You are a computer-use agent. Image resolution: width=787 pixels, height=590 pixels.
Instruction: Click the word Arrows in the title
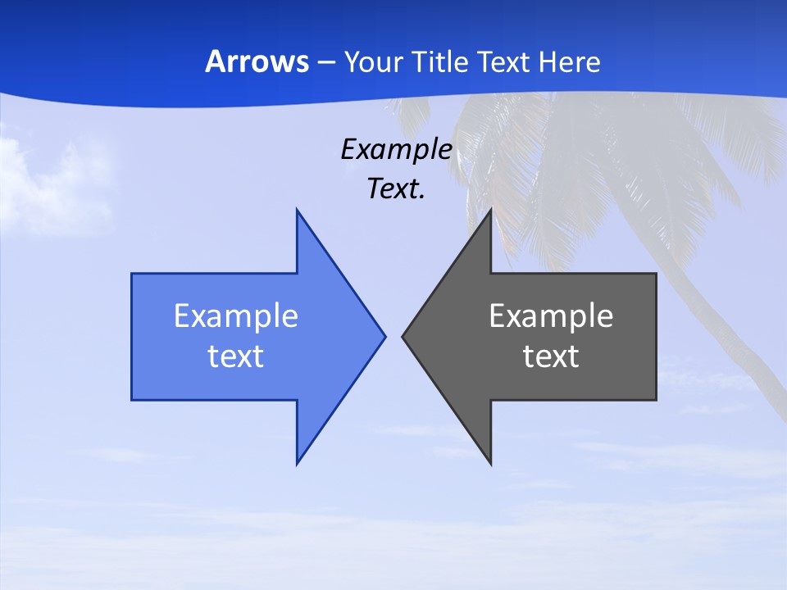[x=257, y=61]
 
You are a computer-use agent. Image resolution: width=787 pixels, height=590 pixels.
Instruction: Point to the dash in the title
[x=325, y=62]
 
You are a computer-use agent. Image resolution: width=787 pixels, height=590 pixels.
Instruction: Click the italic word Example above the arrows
[x=396, y=149]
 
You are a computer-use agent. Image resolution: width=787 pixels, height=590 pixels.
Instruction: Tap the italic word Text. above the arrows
[x=396, y=189]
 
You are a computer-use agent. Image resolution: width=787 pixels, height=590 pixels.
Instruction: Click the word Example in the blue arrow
[x=236, y=315]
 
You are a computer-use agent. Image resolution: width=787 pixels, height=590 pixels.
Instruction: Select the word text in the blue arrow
[x=236, y=356]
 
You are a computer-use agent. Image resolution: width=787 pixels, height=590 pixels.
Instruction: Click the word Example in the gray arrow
[x=551, y=315]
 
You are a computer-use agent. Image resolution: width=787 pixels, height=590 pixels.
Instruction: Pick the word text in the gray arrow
[x=551, y=356]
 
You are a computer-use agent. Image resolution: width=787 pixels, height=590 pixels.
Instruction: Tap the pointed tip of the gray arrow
[x=403, y=336]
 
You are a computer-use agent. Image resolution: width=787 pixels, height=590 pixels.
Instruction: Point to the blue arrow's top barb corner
[x=298, y=211]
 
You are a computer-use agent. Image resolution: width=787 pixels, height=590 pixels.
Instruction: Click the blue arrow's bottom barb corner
[x=298, y=463]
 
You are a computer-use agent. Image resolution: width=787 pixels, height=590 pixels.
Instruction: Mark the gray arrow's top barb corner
[x=490, y=211]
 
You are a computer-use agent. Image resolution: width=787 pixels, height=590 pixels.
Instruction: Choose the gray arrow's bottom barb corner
[x=490, y=463]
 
